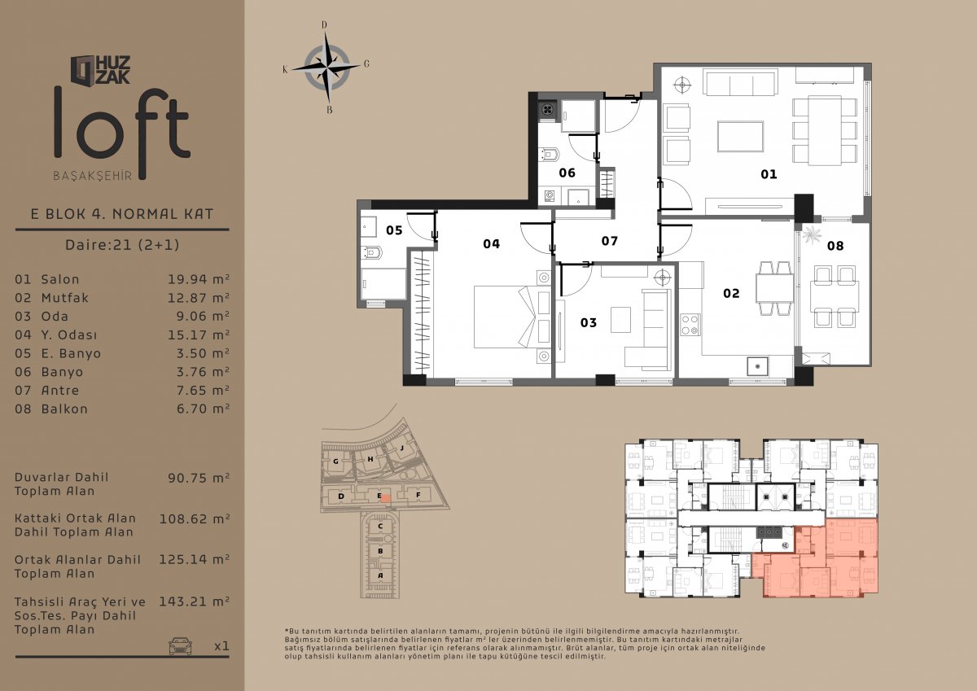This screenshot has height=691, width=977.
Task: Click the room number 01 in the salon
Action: [x=769, y=174]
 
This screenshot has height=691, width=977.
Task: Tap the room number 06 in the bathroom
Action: [x=567, y=173]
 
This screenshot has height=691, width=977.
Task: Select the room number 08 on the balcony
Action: [x=835, y=246]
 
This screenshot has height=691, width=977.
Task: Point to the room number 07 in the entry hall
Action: [x=609, y=241]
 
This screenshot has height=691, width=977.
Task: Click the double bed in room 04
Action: [x=511, y=317]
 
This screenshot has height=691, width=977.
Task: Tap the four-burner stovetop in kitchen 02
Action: [x=690, y=325]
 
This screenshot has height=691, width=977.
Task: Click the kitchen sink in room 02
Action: [x=757, y=366]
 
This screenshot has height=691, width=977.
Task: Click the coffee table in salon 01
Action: [x=740, y=137]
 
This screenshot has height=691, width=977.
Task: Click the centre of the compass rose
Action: [x=326, y=68]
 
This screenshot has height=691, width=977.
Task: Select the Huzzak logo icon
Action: [x=83, y=70]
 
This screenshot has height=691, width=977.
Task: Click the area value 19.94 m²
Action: [x=199, y=279]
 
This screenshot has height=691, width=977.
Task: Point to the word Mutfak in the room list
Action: [x=65, y=298]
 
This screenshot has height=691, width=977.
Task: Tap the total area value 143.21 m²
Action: [x=194, y=601]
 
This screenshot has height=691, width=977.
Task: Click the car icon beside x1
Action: [x=180, y=645]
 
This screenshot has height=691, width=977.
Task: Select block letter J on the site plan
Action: [x=401, y=448]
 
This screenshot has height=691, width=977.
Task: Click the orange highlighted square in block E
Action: [x=385, y=498]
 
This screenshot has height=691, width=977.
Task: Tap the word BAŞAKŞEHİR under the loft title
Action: [x=93, y=176]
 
